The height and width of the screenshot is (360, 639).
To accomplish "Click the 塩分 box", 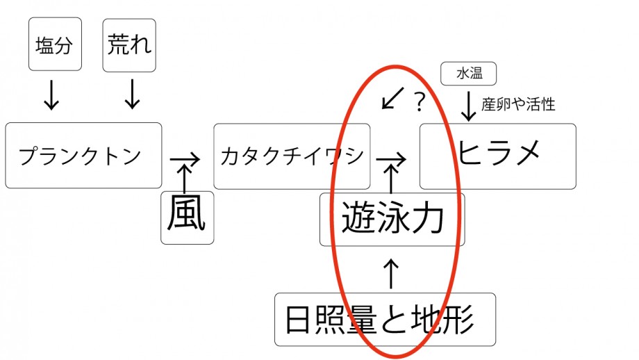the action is tap(55, 44).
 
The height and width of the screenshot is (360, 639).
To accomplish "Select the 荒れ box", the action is tap(129, 45).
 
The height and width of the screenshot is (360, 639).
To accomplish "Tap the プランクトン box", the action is tap(83, 156).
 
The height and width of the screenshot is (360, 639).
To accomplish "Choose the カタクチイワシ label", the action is tap(292, 156).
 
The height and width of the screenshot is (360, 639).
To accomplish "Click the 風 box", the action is tap(188, 218).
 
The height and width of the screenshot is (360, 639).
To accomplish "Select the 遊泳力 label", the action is tap(392, 218).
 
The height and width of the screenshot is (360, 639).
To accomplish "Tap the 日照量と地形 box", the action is tap(385, 319).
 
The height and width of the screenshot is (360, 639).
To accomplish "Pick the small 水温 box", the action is tap(469, 74).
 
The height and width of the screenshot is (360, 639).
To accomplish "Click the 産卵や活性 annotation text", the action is tap(518, 104).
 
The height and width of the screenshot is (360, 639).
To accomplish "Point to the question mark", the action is tap(420, 101).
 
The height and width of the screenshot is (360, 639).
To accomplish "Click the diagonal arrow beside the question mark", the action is tap(393, 98).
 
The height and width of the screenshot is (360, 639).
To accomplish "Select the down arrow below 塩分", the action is tap(51, 95).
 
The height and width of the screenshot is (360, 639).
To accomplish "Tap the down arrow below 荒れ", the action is tap(132, 95).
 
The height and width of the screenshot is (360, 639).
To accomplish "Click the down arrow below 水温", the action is tap(469, 106).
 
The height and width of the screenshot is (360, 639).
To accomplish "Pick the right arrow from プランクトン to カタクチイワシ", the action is tap(185, 160).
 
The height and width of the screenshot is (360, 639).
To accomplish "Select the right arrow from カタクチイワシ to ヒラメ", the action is tap(391, 159).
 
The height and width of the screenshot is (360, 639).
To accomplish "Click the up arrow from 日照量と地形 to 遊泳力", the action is tap(391, 274).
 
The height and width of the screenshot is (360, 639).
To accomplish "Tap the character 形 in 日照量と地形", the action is tap(457, 319).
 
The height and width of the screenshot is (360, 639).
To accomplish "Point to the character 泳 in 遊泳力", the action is tap(392, 218).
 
